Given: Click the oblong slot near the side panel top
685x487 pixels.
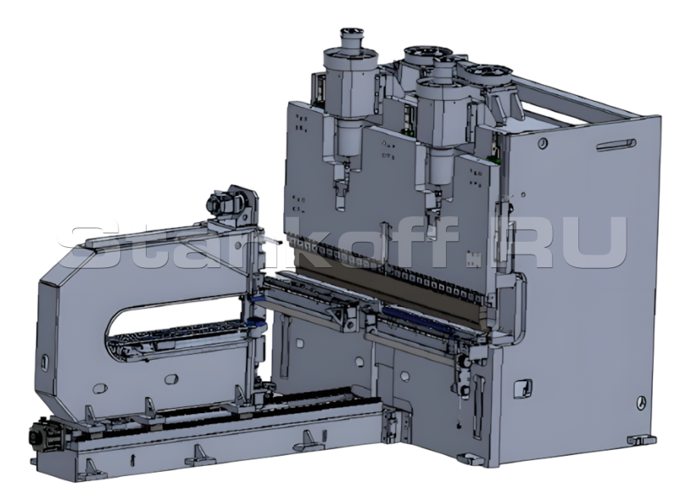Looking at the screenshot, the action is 616,145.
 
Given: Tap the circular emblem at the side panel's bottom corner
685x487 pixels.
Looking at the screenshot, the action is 641,402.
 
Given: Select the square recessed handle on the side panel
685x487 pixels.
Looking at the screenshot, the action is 522,388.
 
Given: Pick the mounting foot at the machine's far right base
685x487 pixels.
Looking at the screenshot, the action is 641,439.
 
